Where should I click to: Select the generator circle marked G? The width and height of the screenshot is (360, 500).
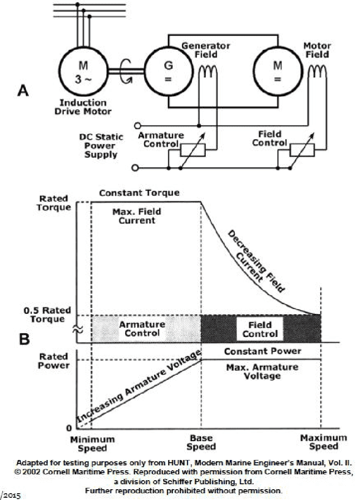point(168,71)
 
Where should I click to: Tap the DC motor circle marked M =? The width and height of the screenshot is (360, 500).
point(277,71)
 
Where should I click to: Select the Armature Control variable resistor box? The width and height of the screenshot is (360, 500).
point(193,150)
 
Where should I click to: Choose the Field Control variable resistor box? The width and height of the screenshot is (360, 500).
point(302,150)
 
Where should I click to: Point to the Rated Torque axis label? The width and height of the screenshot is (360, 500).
point(54,203)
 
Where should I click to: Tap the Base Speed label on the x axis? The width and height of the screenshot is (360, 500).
point(201,442)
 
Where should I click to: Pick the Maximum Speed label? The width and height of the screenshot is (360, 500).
point(324,442)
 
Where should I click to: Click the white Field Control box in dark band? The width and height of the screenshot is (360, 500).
point(260,329)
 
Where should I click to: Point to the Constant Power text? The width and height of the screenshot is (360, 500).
point(262,351)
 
